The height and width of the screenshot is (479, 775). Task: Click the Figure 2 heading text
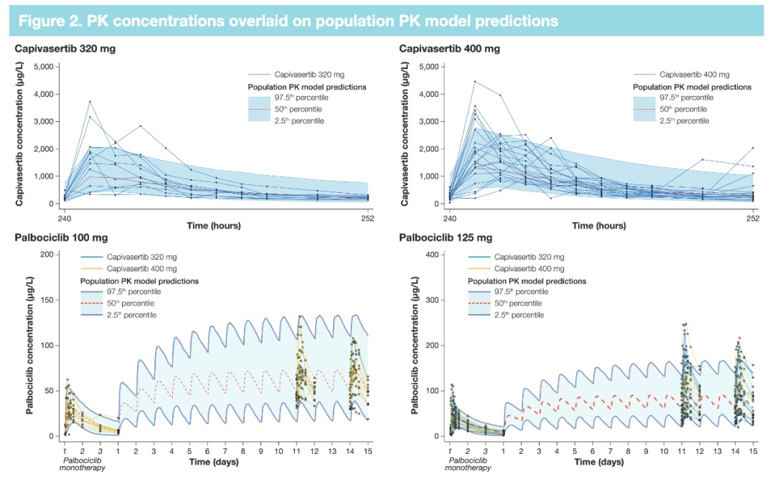pyautogui.click(x=287, y=21)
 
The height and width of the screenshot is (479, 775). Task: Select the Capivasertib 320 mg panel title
pyautogui.click(x=65, y=49)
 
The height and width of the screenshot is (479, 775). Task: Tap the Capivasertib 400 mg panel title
pyautogui.click(x=450, y=49)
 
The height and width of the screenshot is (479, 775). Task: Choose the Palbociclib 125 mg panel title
pyautogui.click(x=445, y=237)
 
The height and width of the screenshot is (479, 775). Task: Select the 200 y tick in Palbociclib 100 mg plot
pyautogui.click(x=47, y=255)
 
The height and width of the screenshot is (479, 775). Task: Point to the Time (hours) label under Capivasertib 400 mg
pyautogui.click(x=598, y=225)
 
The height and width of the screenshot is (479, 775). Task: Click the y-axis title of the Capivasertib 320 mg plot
pyautogui.click(x=21, y=134)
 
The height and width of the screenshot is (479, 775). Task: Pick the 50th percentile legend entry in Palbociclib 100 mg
pyautogui.click(x=133, y=303)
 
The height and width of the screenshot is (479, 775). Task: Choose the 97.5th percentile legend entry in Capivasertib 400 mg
pyautogui.click(x=685, y=98)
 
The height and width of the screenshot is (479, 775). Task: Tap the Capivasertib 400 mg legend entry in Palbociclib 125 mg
pyautogui.click(x=531, y=269)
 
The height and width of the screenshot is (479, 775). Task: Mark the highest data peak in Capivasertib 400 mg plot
pyautogui.click(x=474, y=82)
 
